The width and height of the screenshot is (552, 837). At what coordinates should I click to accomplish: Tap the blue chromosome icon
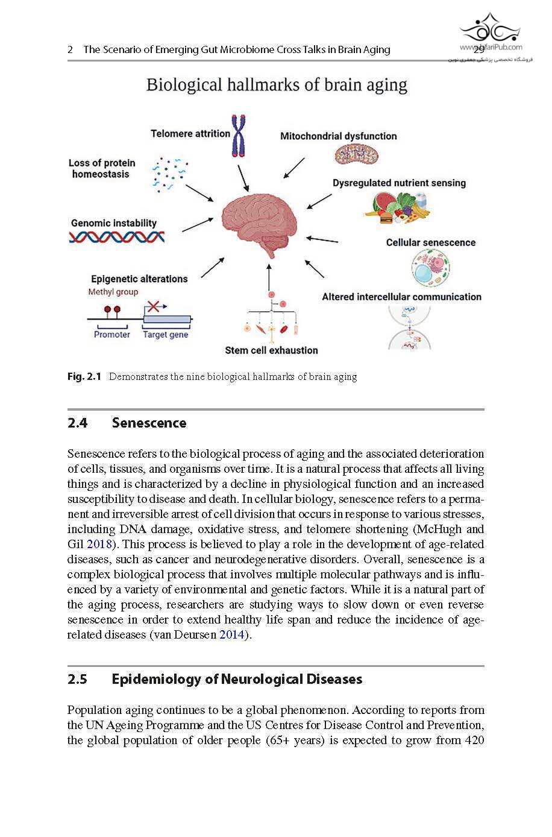240,135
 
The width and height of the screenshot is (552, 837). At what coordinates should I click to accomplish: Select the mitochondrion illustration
356,155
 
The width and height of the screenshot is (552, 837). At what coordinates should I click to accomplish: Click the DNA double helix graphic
117,236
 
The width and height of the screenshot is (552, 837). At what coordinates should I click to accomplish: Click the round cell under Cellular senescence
430,269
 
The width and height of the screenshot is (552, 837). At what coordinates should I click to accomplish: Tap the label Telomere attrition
190,134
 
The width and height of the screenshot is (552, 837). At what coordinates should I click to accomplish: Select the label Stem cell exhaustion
271,350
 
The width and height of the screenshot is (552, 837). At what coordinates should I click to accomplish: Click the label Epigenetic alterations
139,279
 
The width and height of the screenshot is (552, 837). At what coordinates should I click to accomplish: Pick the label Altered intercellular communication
401,297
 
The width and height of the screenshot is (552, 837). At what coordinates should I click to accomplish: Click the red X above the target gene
154,306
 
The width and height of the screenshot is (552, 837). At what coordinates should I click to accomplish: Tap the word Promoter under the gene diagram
112,335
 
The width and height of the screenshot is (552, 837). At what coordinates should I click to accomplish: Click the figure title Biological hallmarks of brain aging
277,84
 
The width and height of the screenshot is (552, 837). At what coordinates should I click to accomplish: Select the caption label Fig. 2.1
84,377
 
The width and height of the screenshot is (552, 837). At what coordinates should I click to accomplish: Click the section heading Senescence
149,423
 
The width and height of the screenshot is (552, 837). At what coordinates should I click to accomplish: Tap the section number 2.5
77,680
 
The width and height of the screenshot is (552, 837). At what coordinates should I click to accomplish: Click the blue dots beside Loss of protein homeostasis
169,174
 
